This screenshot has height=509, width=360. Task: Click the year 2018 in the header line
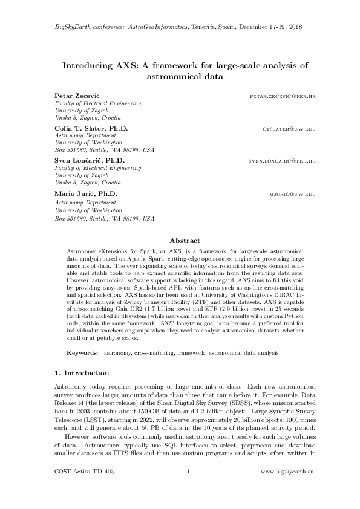tap(295, 27)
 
